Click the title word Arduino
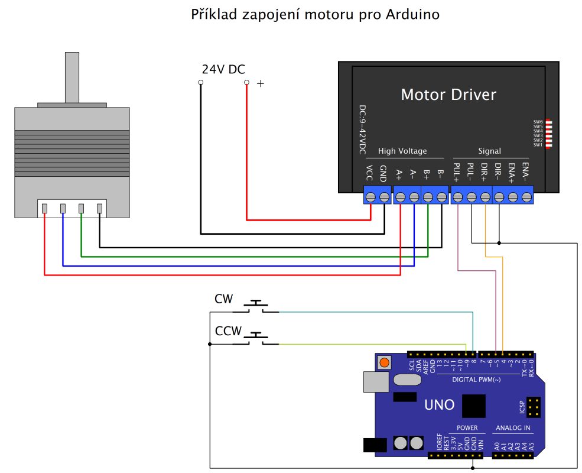(x=413, y=14)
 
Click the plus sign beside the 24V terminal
(x=261, y=85)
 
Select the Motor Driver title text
(x=448, y=95)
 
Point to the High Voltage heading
(x=402, y=151)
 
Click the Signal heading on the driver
(x=489, y=151)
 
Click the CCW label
(x=228, y=331)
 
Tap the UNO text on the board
(x=440, y=405)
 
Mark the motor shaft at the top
(x=71, y=77)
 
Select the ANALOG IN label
(x=512, y=427)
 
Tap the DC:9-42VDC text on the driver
(x=362, y=131)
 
